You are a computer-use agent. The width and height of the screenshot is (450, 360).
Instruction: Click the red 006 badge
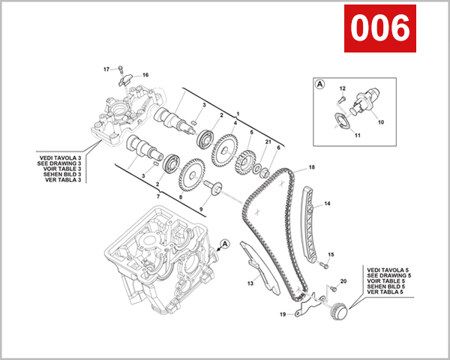(x=380, y=29)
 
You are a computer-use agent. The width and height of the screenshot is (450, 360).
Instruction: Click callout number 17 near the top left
(x=106, y=69)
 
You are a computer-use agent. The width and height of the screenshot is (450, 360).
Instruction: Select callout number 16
(x=145, y=75)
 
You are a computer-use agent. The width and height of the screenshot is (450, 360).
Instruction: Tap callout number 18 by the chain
(x=311, y=166)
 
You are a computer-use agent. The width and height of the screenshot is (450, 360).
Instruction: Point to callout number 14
(x=327, y=204)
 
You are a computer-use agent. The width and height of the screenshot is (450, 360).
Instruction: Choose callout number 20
(x=343, y=281)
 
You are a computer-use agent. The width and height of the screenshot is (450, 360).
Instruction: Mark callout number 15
(x=331, y=255)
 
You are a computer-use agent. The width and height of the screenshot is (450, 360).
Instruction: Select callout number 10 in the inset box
(x=380, y=121)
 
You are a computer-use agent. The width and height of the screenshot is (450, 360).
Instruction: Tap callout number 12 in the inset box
(x=341, y=89)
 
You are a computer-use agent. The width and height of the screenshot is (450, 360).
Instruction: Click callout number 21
(x=268, y=142)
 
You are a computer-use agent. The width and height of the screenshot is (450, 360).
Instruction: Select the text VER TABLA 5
(x=385, y=292)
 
